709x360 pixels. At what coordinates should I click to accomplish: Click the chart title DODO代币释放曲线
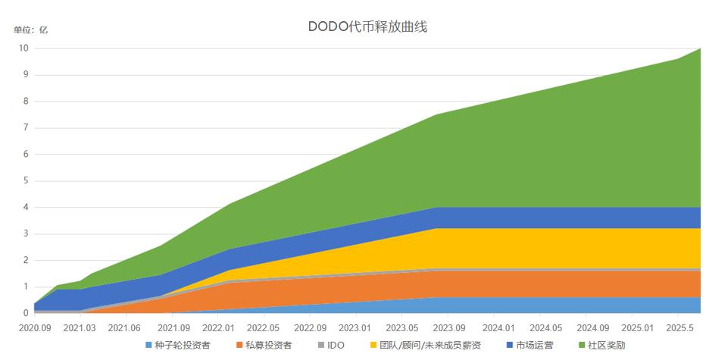pos(369,27)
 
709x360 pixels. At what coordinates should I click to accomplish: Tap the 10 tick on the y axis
pos(23,49)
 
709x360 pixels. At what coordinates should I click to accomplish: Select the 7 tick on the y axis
pos(26,128)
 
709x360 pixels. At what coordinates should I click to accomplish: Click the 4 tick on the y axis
pos(26,208)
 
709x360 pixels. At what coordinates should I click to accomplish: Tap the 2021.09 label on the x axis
pos(173,328)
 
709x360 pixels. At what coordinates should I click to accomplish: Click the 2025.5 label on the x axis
pos(680,328)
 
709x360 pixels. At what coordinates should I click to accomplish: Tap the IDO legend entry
pos(331,346)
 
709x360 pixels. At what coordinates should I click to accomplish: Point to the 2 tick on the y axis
pos(26,261)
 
